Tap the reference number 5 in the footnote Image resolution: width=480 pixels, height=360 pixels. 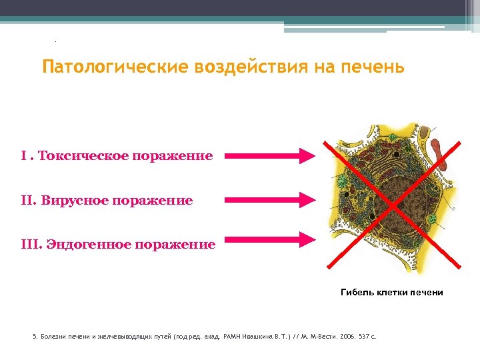[34, 337]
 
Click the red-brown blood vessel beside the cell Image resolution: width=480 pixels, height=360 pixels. [440, 154]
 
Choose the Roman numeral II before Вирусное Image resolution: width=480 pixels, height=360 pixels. [25, 200]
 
